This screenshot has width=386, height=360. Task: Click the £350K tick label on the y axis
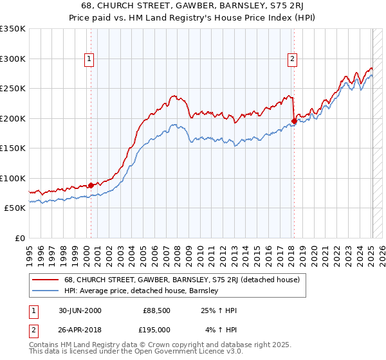point(13,29)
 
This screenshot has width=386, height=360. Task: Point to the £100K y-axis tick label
point(13,178)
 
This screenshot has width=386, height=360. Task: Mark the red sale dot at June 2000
point(91,185)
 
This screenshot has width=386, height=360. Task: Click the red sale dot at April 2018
point(294,121)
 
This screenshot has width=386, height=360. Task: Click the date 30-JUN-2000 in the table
point(78,311)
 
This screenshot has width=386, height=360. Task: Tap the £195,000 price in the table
point(155,330)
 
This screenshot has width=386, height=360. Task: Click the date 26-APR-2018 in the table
point(78,330)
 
